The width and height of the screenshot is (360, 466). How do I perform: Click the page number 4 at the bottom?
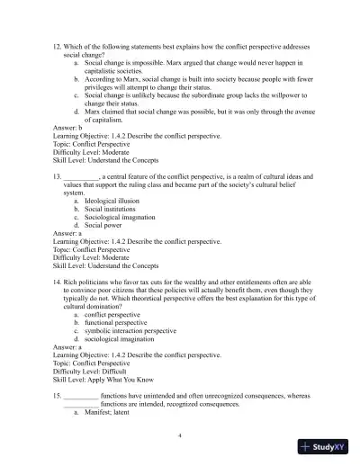coord(180,435)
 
